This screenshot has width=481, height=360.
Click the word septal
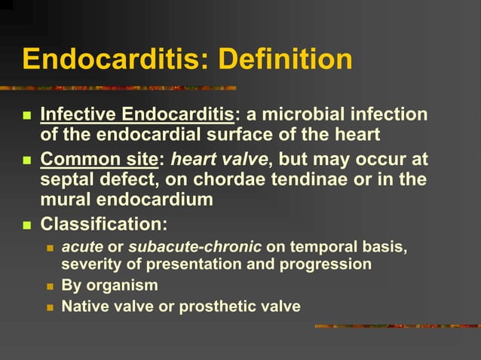68,181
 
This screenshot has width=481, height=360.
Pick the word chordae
240,181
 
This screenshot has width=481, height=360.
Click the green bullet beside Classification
27,225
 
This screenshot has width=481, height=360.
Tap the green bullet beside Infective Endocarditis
27,116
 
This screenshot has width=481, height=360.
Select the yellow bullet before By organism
51,286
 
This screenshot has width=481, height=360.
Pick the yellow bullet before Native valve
51,307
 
